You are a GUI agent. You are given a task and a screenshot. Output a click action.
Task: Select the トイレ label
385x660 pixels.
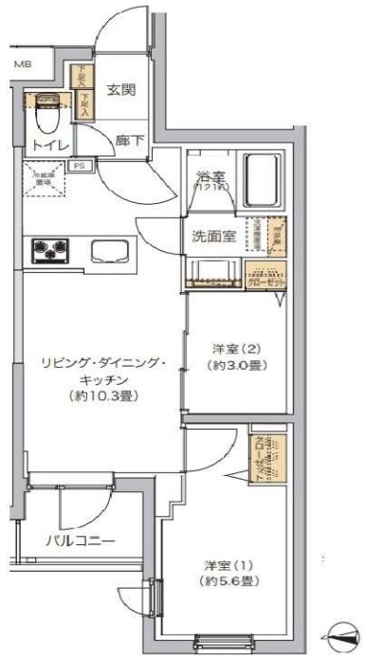point(45,145)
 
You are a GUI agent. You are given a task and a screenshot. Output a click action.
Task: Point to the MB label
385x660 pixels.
point(20,64)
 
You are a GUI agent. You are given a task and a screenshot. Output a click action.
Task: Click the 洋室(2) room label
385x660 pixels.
point(233,348)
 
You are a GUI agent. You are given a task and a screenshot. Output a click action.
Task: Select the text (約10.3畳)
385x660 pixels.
point(104,395)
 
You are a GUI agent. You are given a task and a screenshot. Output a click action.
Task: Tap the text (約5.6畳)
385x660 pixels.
point(227,581)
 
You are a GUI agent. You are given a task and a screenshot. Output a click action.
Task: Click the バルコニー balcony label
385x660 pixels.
point(81,541)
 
